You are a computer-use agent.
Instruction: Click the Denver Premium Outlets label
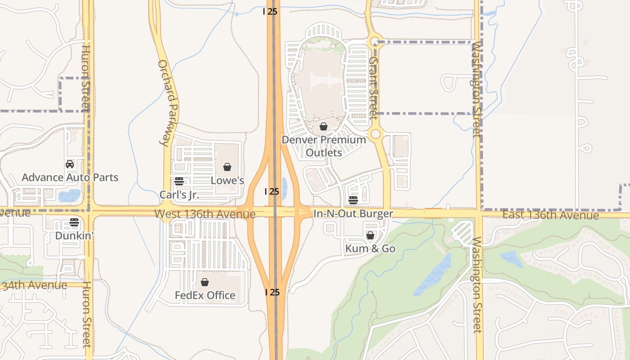(324, 146)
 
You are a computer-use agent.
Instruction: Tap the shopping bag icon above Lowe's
(227, 167)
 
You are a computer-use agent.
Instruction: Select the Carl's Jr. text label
(179, 195)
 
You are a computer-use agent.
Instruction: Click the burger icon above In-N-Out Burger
(353, 200)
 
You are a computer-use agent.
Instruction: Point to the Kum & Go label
(370, 248)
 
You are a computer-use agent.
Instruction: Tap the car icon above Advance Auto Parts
(70, 164)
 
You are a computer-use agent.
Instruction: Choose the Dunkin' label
(74, 235)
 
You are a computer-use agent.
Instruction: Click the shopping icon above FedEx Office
(205, 282)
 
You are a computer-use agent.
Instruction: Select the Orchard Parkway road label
(169, 103)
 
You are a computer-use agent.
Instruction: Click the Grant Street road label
(373, 88)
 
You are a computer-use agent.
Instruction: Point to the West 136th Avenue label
(205, 214)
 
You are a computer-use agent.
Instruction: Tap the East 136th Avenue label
(550, 215)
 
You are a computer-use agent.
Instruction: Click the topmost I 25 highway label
(270, 11)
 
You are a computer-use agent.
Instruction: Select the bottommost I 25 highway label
(272, 292)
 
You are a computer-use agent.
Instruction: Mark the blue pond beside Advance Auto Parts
(69, 195)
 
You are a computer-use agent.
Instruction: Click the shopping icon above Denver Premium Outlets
(323, 126)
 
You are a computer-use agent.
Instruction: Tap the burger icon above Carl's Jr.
(179, 181)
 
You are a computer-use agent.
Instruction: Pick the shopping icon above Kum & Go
(370, 235)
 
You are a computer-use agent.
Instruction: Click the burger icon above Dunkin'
(74, 222)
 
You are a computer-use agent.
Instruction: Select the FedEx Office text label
(205, 295)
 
